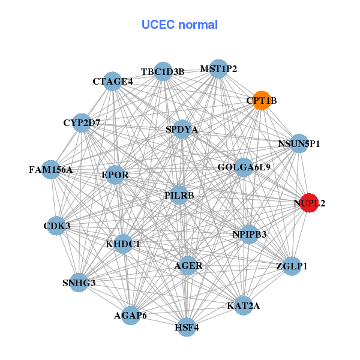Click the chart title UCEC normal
(x=179, y=25)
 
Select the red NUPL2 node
(x=309, y=203)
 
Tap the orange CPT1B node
(x=262, y=100)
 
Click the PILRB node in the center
(x=179, y=195)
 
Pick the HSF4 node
(x=187, y=327)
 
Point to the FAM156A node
(x=51, y=170)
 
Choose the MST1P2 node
(x=218, y=69)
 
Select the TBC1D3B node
(x=163, y=72)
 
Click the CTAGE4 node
(x=113, y=81)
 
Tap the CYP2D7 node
(x=82, y=123)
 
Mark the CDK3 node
(x=56, y=226)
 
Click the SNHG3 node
(x=79, y=282)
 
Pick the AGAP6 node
(x=131, y=315)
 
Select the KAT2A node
(x=244, y=306)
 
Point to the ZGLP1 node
(x=292, y=266)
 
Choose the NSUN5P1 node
(x=299, y=144)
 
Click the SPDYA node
(x=182, y=129)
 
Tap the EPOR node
(x=115, y=175)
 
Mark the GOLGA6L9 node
(x=244, y=167)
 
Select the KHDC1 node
(x=123, y=244)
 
